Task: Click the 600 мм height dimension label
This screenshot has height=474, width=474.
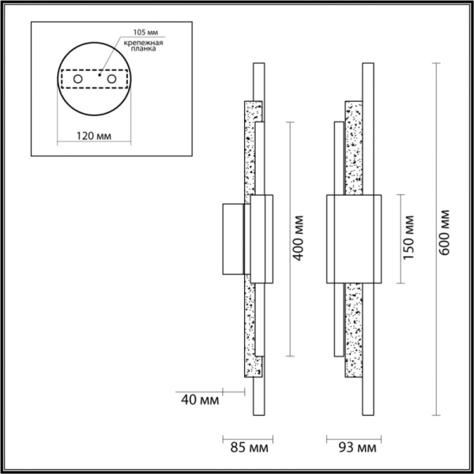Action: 446,232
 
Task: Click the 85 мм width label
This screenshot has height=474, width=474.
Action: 246,448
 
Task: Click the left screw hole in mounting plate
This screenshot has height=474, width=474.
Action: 78,80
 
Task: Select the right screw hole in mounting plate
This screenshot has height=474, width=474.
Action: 111,80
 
